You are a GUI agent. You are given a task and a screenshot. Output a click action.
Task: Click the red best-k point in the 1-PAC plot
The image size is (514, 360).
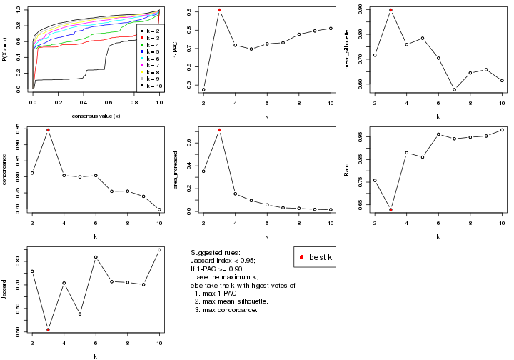pos(219,10)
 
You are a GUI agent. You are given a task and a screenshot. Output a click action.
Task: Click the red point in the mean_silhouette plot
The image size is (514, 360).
pos(390,10)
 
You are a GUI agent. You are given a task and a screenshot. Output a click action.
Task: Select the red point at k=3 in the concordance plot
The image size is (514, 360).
pos(48,130)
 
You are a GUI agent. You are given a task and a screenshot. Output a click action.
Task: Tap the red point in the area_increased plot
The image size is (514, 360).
pos(219,130)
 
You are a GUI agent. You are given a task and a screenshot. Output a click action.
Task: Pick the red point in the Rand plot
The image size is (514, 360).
pos(390,209)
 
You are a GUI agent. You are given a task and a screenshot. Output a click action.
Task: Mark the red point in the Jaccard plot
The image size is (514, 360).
pos(48,329)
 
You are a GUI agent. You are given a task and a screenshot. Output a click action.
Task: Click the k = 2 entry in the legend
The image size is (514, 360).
pos(151,31)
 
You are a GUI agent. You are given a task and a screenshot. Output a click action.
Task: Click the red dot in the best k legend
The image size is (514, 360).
pos(303,256)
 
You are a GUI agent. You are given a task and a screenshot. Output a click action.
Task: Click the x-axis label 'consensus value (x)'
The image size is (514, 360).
pos(96,116)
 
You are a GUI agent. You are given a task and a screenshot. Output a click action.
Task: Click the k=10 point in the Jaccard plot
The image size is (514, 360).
pos(159,250)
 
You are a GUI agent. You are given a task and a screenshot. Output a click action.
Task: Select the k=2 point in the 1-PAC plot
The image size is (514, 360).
pos(203,90)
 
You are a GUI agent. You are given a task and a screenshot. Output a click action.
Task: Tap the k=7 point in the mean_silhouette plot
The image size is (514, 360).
pos(454,89)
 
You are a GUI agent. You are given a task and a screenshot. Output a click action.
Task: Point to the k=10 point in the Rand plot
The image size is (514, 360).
pos(502,129)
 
